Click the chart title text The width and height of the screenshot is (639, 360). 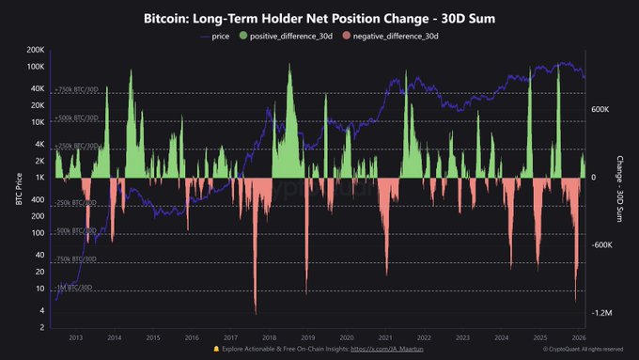tap(319, 18)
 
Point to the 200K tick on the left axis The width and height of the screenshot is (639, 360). tap(35, 49)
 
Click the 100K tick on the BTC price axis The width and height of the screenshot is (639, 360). tap(35, 68)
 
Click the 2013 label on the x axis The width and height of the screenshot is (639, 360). tap(75, 337)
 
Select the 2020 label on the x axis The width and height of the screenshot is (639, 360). tap(346, 337)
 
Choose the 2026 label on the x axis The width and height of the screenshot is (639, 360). tap(578, 337)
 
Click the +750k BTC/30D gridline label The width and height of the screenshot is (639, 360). tap(77, 90)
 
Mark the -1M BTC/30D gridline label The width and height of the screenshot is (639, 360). tap(75, 289)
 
